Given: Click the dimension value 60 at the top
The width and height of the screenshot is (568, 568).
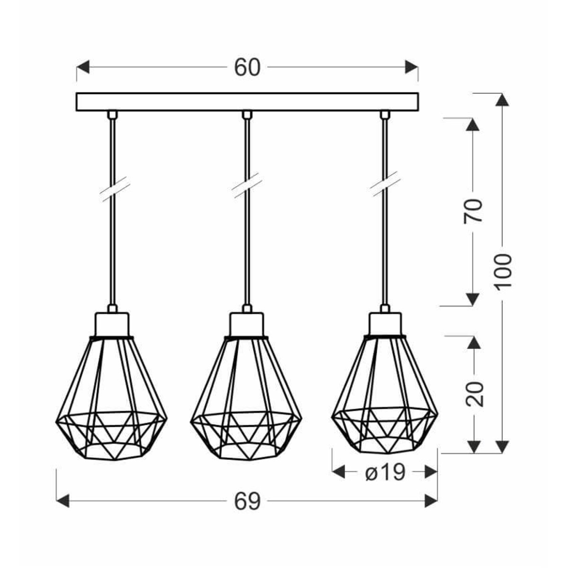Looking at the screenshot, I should (247, 68).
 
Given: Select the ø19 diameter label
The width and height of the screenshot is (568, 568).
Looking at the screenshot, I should (385, 472).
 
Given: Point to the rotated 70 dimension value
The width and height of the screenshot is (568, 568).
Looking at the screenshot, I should (473, 211).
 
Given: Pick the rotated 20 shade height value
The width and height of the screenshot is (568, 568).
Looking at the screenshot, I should (474, 393).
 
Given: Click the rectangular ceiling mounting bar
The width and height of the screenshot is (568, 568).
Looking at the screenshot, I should (247, 102).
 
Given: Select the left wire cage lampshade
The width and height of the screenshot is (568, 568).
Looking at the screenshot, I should (112, 398).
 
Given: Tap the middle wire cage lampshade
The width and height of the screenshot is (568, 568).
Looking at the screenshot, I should (246, 398).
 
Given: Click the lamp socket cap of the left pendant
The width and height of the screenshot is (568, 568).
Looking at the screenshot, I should (112, 323).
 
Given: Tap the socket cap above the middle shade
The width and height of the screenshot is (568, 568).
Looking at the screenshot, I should (246, 323).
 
